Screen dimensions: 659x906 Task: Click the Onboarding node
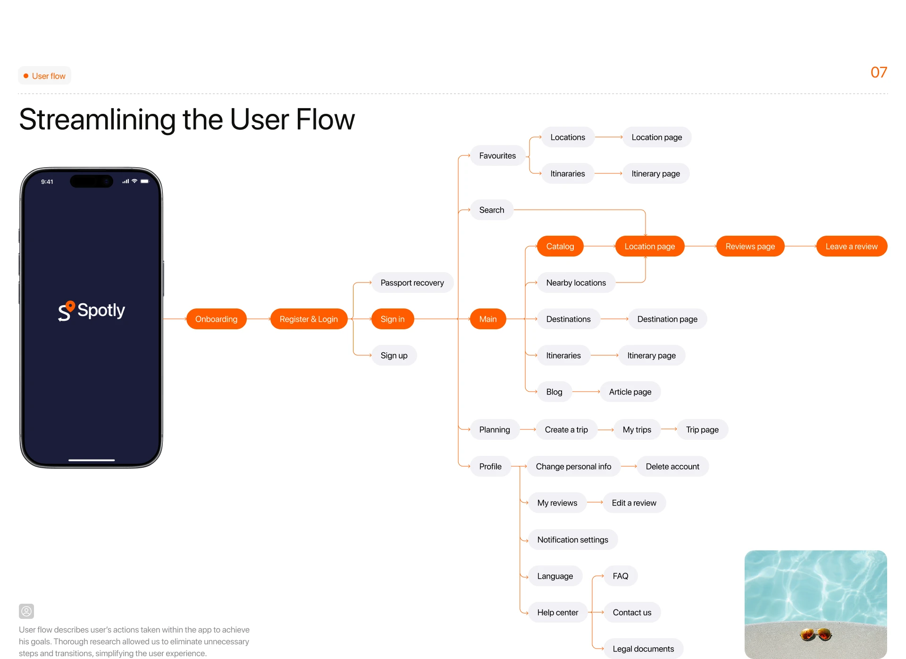[216, 319]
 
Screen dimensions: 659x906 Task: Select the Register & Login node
[309, 319]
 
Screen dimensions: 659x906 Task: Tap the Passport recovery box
[412, 282]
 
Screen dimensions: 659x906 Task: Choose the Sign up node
[394, 355]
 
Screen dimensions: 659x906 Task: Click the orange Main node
[487, 319]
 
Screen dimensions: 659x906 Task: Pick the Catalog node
[560, 246]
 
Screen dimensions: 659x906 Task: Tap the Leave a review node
[851, 246]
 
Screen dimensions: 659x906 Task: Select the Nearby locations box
[576, 282]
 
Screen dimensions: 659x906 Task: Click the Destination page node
[667, 319]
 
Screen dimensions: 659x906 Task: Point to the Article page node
[630, 392]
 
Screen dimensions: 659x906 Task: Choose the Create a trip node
[566, 429]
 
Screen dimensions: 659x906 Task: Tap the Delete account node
[672, 466]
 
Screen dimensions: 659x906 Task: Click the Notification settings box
[572, 539]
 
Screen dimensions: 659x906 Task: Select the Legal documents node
[643, 649]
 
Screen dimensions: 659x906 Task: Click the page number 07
[879, 72]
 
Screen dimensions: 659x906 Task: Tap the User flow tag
[45, 76]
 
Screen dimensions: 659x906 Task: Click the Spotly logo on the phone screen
[92, 310]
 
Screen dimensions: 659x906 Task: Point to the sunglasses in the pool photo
[815, 633]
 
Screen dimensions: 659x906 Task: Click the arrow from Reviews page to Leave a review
[800, 246]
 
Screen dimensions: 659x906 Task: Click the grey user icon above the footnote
[26, 611]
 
